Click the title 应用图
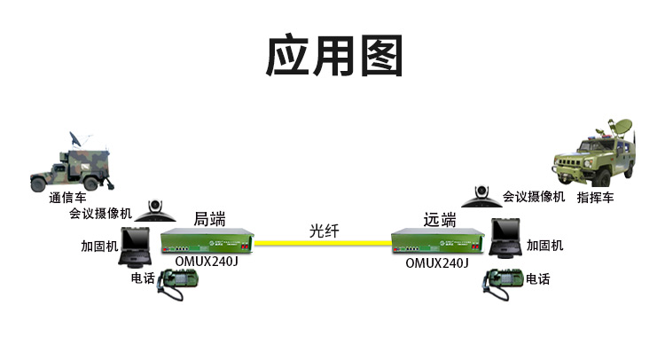tap(334, 56)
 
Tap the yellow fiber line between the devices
tap(323, 243)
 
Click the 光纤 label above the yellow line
tap(324, 231)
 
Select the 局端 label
tap(209, 219)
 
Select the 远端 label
tap(440, 220)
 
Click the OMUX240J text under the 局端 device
tap(207, 262)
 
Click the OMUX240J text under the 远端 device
tap(437, 262)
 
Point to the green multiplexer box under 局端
tap(207, 241)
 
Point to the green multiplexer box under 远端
tap(438, 242)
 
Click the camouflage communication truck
tap(71, 166)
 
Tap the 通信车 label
tap(68, 198)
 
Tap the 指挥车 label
tap(595, 198)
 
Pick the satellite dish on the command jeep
tap(620, 127)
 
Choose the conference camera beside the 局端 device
tap(155, 211)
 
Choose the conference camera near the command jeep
tap(481, 197)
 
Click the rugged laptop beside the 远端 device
tap(505, 238)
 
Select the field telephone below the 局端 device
tap(177, 284)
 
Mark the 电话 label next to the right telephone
tap(538, 279)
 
